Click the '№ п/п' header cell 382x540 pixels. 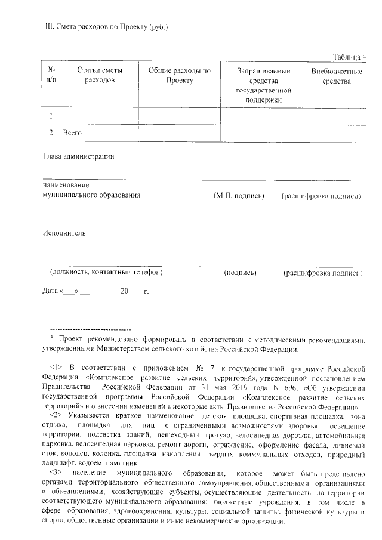click(51, 75)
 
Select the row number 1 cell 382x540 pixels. click(51, 115)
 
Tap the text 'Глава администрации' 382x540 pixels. click(78, 157)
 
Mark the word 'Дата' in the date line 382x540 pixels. click(50, 291)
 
